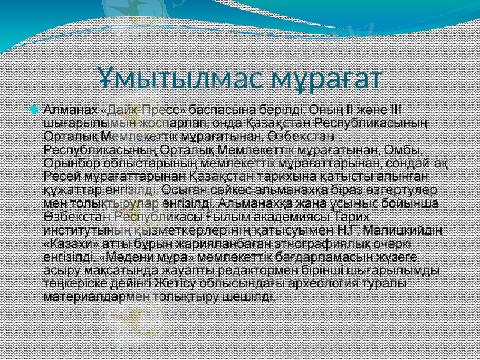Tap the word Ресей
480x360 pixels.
click(59, 176)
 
